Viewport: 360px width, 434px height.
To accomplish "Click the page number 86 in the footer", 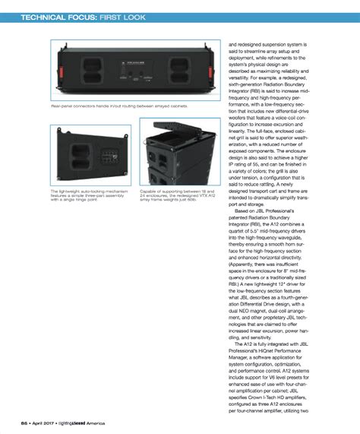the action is point(24,422).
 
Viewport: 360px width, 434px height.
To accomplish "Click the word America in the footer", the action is point(94,422).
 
